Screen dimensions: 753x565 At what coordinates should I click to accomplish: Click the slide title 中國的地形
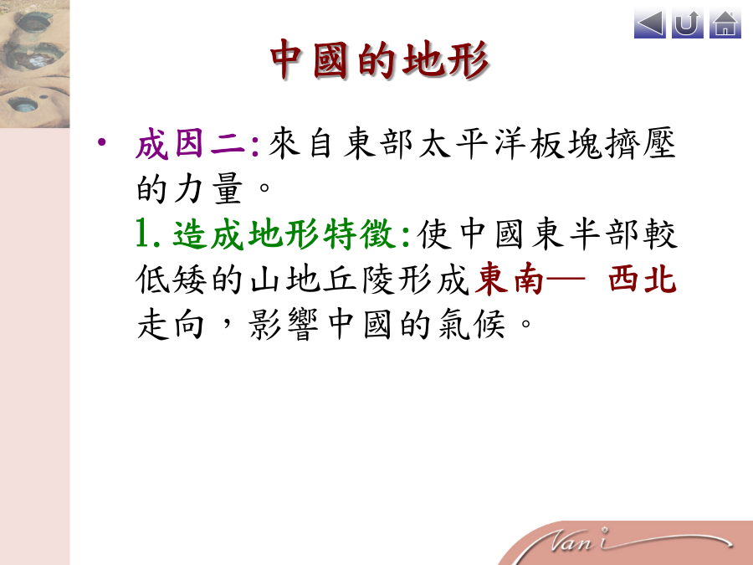(379, 59)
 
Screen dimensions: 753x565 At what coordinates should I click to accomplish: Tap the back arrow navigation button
(650, 23)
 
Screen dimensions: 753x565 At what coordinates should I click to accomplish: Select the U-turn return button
(687, 23)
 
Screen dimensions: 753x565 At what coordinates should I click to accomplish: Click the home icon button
(725, 23)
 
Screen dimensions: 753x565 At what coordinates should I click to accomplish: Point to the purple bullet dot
(102, 142)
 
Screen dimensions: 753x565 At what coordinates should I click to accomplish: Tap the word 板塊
(566, 144)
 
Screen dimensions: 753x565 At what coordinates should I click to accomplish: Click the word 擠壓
(640, 144)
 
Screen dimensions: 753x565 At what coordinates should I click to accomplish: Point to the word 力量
(208, 188)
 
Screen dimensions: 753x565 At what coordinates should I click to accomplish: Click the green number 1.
(142, 234)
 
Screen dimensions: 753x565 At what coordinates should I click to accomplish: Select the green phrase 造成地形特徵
(284, 234)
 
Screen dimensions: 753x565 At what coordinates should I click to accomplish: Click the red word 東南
(509, 279)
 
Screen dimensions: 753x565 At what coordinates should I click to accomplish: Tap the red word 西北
(643, 279)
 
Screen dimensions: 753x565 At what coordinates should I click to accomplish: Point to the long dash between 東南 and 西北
(565, 279)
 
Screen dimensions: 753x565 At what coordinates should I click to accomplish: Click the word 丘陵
(359, 279)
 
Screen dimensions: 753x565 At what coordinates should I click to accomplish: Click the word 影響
(284, 324)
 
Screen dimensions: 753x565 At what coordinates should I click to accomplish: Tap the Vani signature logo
(638, 542)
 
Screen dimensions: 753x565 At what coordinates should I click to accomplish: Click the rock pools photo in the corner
(34, 64)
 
